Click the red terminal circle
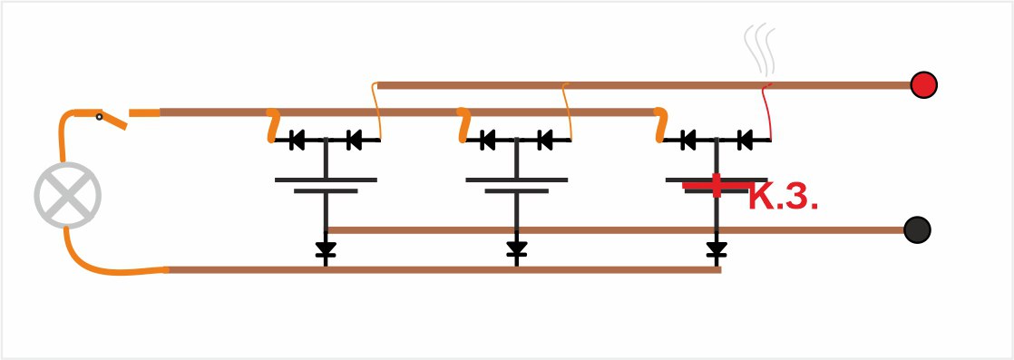tap(923, 84)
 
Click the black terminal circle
tap(917, 229)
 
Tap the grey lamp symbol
tap(67, 195)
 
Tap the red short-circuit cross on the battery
tap(717, 186)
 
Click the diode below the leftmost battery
tap(326, 248)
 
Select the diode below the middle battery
tap(516, 248)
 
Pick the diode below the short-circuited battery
tap(716, 248)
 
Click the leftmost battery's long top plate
tap(326, 180)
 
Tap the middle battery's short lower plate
tap(517, 191)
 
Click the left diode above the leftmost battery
tap(297, 140)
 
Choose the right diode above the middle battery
tap(545, 140)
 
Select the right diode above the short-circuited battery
tap(746, 140)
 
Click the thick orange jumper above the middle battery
tap(463, 125)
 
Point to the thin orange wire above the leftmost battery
tap(375, 112)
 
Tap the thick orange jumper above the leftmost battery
tap(273, 125)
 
